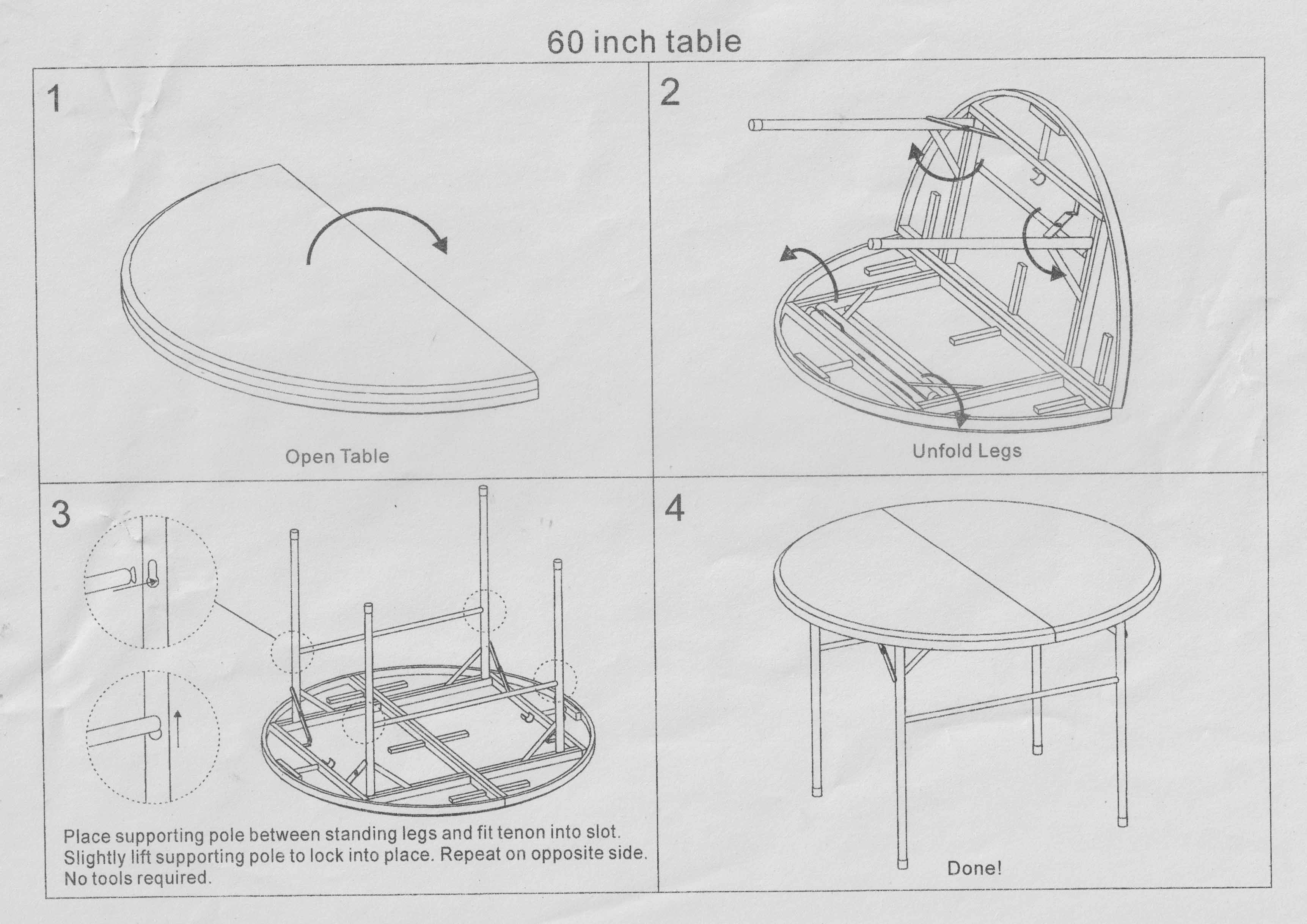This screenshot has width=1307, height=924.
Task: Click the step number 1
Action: point(54,99)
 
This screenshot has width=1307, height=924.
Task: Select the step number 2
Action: point(670,92)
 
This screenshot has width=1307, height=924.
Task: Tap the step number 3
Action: point(61,514)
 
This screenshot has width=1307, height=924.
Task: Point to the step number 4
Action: point(675,508)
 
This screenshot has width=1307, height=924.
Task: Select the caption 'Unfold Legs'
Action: point(966,451)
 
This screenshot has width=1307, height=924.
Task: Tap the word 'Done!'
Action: point(974,868)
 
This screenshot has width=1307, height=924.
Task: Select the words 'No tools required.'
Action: point(137,878)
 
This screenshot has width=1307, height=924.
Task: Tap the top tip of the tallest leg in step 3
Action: point(483,490)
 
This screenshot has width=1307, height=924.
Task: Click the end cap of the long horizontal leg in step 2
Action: point(754,125)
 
